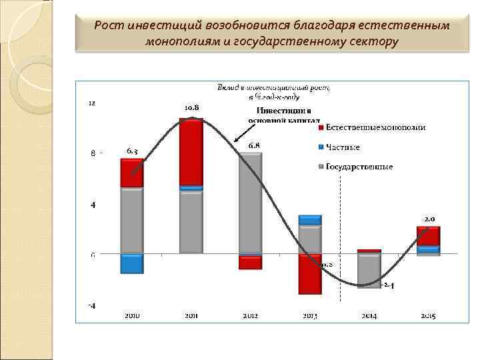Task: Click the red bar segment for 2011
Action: pos(191,152)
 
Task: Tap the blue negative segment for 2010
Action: pos(132,264)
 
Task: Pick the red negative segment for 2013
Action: pos(310,274)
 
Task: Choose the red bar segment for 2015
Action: pos(428,236)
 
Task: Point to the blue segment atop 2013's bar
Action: pos(310,220)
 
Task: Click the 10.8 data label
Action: pos(192,107)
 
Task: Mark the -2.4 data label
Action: pos(389,285)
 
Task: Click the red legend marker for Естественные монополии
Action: pos(320,127)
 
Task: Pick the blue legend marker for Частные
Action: pos(320,147)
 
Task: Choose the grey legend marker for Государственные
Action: pos(320,167)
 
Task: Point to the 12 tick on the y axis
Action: pos(93,103)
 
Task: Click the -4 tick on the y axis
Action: pos(92,306)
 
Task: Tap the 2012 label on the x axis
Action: pos(251,315)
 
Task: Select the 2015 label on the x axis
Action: pos(427,315)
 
